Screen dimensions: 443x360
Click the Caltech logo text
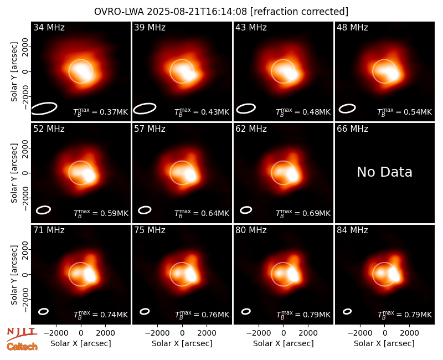(22, 347)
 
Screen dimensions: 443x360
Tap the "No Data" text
(384, 172)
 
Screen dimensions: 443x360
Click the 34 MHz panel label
(49, 27)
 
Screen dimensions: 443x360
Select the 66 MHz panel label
(352, 129)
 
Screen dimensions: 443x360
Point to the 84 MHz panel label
(352, 230)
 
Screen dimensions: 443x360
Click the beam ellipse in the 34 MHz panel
(44, 109)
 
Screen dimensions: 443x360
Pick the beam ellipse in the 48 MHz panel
(347, 109)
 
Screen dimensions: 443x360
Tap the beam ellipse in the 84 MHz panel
(347, 311)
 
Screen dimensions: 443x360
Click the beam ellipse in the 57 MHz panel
(145, 210)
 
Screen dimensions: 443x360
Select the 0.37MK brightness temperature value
(110, 112)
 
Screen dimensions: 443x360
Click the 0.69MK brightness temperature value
(312, 213)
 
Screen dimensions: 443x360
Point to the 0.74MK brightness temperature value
(110, 315)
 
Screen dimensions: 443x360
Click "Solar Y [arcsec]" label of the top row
(14, 72)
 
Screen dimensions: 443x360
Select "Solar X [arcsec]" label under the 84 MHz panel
(384, 343)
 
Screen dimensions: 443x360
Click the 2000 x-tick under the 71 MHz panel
(105, 333)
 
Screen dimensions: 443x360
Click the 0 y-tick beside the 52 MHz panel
(25, 173)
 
